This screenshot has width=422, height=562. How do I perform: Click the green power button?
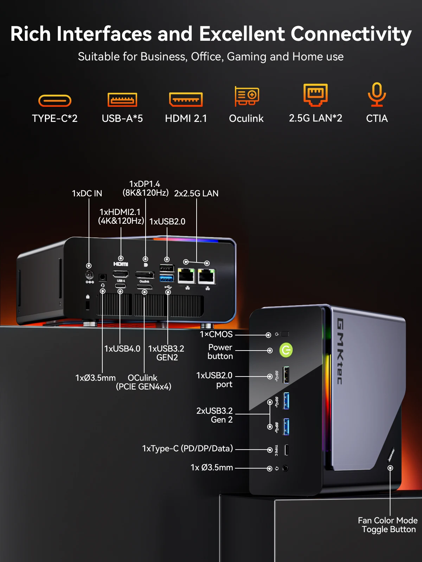pyautogui.click(x=286, y=350)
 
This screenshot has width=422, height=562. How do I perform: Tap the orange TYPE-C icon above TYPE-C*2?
pyautogui.click(x=55, y=101)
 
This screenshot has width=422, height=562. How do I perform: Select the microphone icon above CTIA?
pyautogui.click(x=377, y=94)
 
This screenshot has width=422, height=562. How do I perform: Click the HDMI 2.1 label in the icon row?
pyautogui.click(x=186, y=118)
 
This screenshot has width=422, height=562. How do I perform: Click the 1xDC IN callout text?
pyautogui.click(x=87, y=194)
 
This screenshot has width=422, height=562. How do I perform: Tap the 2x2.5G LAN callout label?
pyautogui.click(x=196, y=194)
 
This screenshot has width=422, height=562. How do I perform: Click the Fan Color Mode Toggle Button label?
pyautogui.click(x=388, y=525)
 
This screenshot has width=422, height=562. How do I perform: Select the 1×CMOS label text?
pyautogui.click(x=216, y=334)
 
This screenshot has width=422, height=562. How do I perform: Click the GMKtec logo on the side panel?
pyautogui.click(x=340, y=351)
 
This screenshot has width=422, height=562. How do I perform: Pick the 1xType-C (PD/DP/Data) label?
pyautogui.click(x=187, y=449)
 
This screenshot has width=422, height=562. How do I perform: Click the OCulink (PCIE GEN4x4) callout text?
pyautogui.click(x=143, y=382)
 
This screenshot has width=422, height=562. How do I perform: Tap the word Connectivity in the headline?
pyautogui.click(x=351, y=34)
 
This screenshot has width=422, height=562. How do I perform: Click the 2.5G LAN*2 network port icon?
pyautogui.click(x=315, y=94)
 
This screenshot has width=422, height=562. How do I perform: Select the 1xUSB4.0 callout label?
pyautogui.click(x=122, y=349)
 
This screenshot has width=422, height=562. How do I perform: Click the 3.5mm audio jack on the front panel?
pyautogui.click(x=285, y=468)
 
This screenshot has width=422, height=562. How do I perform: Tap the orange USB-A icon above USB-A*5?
pyautogui.click(x=122, y=100)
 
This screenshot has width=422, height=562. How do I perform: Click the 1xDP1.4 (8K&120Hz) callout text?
pyautogui.click(x=145, y=188)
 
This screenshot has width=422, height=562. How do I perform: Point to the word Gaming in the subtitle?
pyautogui.click(x=247, y=57)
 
